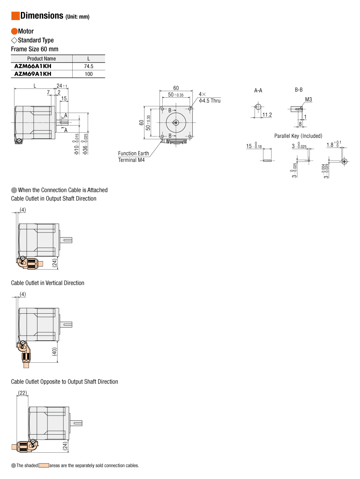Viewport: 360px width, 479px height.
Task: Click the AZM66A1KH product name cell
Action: coord(33,66)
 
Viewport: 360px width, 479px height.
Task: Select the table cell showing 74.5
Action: coord(89,66)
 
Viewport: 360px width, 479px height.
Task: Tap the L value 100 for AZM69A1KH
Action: coord(89,74)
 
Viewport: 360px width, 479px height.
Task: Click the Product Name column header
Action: coord(41,59)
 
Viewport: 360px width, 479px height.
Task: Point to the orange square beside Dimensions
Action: coord(15,16)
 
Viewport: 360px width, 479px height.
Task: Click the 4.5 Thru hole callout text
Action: coord(210,100)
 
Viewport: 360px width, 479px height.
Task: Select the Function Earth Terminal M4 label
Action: coord(133,156)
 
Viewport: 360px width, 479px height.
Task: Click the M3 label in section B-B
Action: coord(308,100)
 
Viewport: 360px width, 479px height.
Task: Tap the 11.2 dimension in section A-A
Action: coord(267,115)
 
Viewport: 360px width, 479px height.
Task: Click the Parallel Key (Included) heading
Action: coord(298,136)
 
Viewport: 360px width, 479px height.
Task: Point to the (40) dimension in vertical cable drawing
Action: coord(54,352)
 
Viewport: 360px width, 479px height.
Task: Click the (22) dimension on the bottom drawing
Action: coord(22,393)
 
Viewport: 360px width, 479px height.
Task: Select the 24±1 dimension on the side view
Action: coord(62,86)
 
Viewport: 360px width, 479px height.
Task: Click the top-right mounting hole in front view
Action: coord(190,109)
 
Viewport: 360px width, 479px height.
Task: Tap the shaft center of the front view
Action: coord(176,123)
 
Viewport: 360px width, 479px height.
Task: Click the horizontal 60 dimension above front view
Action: coord(176,88)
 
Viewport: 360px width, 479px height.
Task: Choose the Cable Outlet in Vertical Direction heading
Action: coord(48,283)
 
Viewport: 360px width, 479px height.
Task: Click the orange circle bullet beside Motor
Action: coord(14,31)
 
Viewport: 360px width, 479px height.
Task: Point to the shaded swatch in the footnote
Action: coord(44,465)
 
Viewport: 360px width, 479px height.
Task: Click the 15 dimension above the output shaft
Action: coord(64,99)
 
